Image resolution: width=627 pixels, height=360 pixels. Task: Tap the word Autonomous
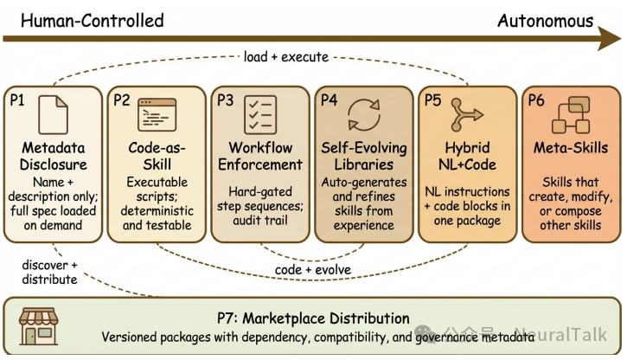pos(545,19)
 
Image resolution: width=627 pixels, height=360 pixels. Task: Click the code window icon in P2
pos(157,112)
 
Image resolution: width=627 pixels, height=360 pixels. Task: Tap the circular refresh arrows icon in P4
pos(364,113)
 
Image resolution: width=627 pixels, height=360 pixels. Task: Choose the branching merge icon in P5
pos(466,113)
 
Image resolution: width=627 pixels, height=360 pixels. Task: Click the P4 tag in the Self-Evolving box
pos(329,100)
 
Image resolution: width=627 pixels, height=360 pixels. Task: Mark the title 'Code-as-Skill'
pos(157,156)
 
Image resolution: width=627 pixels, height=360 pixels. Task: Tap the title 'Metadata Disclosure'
pos(54,156)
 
